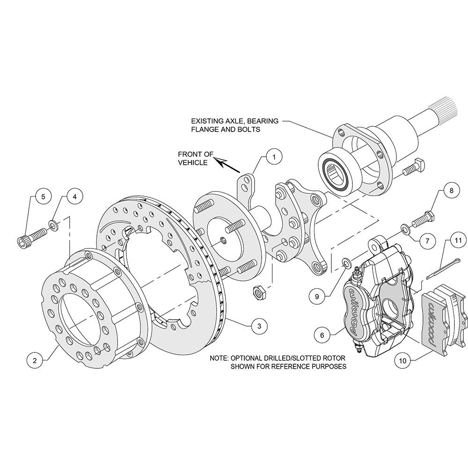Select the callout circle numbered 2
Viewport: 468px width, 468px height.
(x=35, y=360)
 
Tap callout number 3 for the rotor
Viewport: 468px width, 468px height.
(x=259, y=326)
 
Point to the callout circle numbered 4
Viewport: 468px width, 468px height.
(x=74, y=197)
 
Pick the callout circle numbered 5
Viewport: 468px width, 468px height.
(x=43, y=197)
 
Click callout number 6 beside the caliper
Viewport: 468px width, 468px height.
(x=322, y=336)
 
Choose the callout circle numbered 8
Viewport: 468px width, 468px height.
(x=451, y=190)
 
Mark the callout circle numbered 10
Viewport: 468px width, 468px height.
(x=402, y=361)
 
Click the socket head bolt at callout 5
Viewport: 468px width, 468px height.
(x=32, y=236)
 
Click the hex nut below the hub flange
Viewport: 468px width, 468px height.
(x=259, y=292)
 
